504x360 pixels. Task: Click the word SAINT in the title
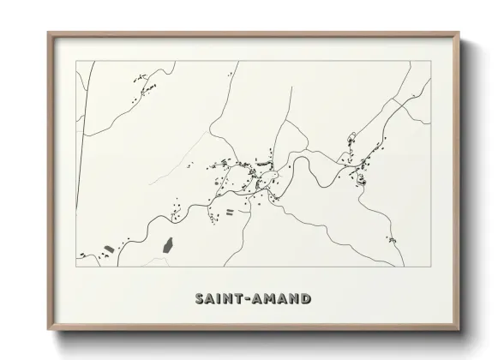(217, 299)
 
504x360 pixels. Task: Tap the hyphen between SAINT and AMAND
(243, 299)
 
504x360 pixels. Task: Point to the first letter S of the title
(199, 299)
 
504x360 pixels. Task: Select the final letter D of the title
(305, 299)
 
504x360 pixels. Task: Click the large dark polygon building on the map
(169, 245)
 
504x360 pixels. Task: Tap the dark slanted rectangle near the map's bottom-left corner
(108, 249)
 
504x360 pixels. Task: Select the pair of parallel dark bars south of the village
(229, 211)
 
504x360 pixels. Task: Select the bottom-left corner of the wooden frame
(49, 331)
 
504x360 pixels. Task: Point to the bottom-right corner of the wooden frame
(459, 331)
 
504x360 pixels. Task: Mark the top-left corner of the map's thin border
(77, 61)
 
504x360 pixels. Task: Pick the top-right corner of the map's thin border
(430, 61)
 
